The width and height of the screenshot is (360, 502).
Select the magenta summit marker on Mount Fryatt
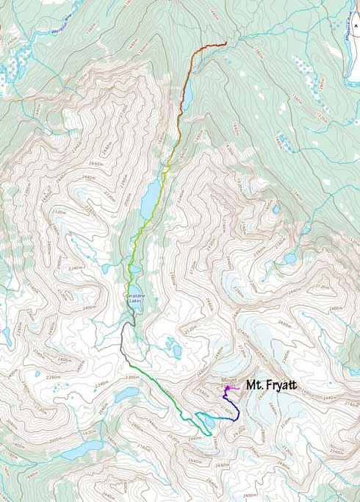pyautogui.click(x=228, y=387)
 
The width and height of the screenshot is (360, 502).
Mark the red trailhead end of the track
pyautogui.click(x=224, y=45)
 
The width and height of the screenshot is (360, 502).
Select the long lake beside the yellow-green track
pyautogui.click(x=150, y=196)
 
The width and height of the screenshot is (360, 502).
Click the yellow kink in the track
pyautogui.click(x=168, y=169)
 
